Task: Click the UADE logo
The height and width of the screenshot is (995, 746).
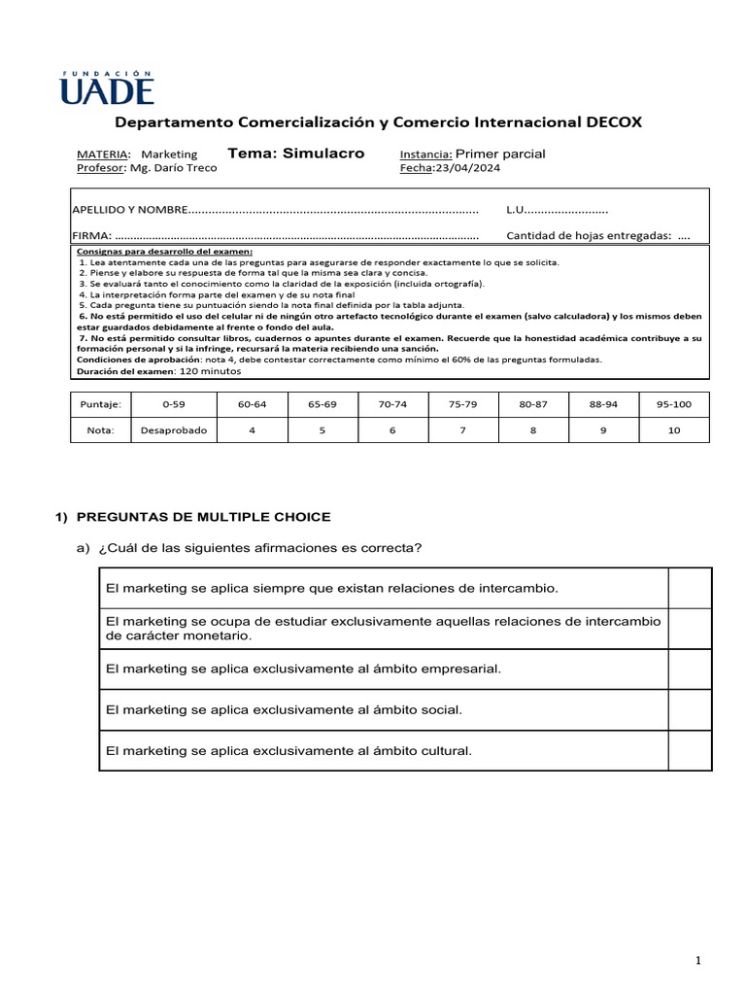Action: point(107,86)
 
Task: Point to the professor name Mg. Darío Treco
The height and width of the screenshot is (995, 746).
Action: point(173,167)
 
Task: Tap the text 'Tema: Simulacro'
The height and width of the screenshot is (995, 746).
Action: point(295,153)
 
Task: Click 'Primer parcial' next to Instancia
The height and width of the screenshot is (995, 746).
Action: point(500,154)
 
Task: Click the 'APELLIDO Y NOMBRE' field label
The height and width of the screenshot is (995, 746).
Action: point(128,209)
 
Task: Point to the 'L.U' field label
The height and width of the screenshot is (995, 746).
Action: point(516,209)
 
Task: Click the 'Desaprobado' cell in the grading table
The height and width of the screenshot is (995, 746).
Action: point(173,430)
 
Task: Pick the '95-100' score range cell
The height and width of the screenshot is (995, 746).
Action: point(674,403)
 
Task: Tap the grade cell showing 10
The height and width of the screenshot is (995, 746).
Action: point(674,430)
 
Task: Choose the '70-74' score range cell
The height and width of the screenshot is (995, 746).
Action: point(392,403)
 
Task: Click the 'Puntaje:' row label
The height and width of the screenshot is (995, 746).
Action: point(101,403)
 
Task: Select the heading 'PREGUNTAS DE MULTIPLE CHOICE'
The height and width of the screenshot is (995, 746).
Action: point(203,517)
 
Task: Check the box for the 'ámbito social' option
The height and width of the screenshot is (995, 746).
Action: point(690,709)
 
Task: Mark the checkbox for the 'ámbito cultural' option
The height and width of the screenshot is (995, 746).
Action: point(690,750)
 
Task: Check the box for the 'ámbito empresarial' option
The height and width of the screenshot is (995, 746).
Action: point(690,669)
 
